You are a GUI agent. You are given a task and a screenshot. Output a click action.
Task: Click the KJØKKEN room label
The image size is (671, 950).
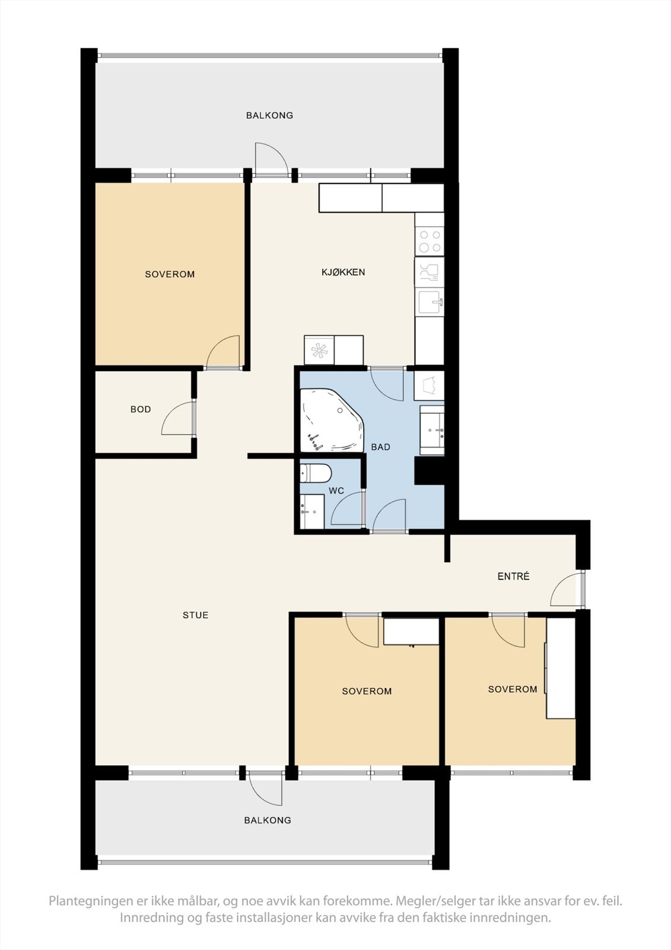point(343,272)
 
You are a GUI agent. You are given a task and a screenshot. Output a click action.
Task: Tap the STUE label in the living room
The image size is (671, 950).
point(195,615)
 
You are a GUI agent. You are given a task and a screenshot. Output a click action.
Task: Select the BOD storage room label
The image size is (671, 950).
point(141,409)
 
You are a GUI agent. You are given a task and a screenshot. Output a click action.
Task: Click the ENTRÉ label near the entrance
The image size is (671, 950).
point(513,576)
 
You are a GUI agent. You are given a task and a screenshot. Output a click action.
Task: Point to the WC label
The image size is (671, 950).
point(336,491)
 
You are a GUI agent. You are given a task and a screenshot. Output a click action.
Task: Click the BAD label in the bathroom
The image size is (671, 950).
point(380,446)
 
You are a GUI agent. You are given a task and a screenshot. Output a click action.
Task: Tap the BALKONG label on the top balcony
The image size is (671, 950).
point(269,115)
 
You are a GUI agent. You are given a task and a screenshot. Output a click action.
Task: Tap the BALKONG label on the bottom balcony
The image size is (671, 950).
point(268,820)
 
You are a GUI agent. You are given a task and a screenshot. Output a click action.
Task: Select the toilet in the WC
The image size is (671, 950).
point(315,473)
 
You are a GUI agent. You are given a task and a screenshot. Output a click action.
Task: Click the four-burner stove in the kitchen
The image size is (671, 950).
point(429,241)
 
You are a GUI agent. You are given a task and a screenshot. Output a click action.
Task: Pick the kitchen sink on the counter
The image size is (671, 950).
point(429,302)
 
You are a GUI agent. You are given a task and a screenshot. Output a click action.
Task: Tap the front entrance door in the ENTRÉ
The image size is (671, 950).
point(565,590)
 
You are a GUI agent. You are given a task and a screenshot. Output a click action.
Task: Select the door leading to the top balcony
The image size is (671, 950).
point(270,160)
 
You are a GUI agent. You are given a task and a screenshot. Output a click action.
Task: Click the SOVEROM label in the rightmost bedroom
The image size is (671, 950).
point(513,689)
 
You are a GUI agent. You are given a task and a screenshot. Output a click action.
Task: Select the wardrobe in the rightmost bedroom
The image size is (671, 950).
point(560,668)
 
